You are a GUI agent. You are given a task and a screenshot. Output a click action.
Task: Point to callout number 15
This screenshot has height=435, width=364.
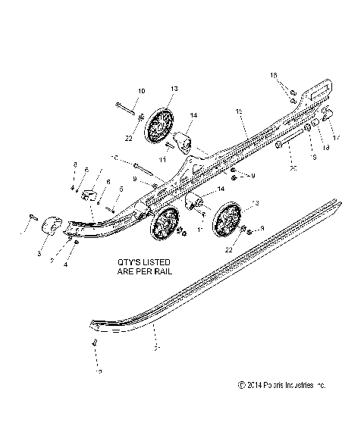pyautogui.click(x=239, y=111)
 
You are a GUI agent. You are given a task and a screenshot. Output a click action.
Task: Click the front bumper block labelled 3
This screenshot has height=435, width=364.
pyautogui.click(x=52, y=226)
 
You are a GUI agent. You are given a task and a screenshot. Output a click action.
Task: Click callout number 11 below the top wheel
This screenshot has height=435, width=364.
pyautogui.click(x=163, y=160)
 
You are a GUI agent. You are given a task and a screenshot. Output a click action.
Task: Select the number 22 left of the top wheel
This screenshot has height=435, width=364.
pyautogui.click(x=128, y=138)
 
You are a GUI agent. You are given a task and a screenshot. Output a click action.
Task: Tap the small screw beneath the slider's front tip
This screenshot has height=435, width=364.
pyautogui.click(x=96, y=343)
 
